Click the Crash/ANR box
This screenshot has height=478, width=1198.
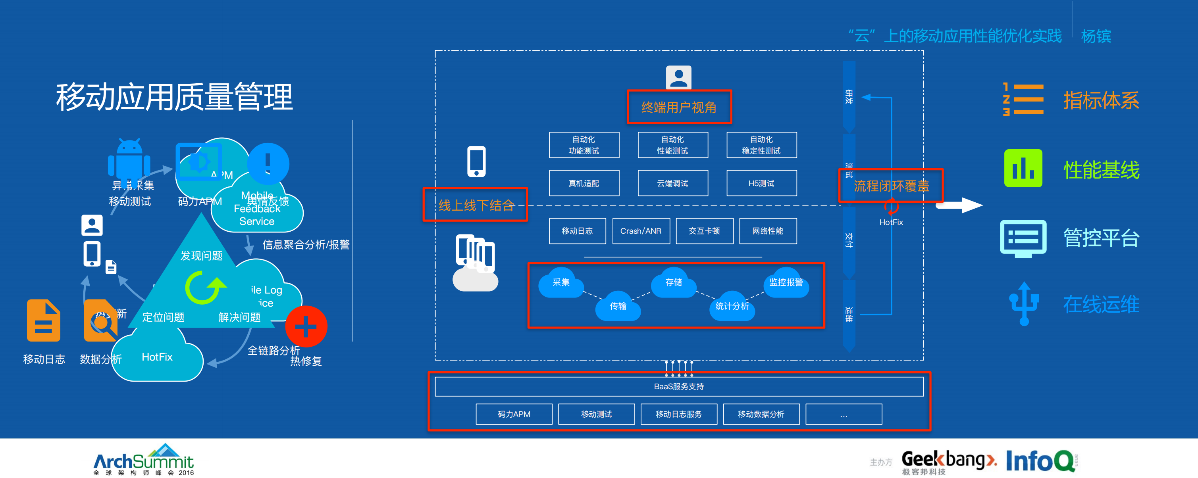tap(641, 231)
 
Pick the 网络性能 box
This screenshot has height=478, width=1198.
tap(767, 231)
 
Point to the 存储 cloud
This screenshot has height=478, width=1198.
tap(673, 283)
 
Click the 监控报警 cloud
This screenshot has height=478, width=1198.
tap(786, 283)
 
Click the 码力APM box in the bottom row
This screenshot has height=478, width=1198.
tap(514, 414)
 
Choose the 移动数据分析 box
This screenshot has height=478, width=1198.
tap(761, 414)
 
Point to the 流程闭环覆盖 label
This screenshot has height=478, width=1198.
tap(891, 186)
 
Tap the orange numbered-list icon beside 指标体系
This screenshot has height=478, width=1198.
tap(1023, 99)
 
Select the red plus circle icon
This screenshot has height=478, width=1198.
tap(306, 326)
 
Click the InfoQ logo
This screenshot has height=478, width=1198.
tap(1041, 461)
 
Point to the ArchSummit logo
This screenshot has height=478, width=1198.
tap(144, 460)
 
